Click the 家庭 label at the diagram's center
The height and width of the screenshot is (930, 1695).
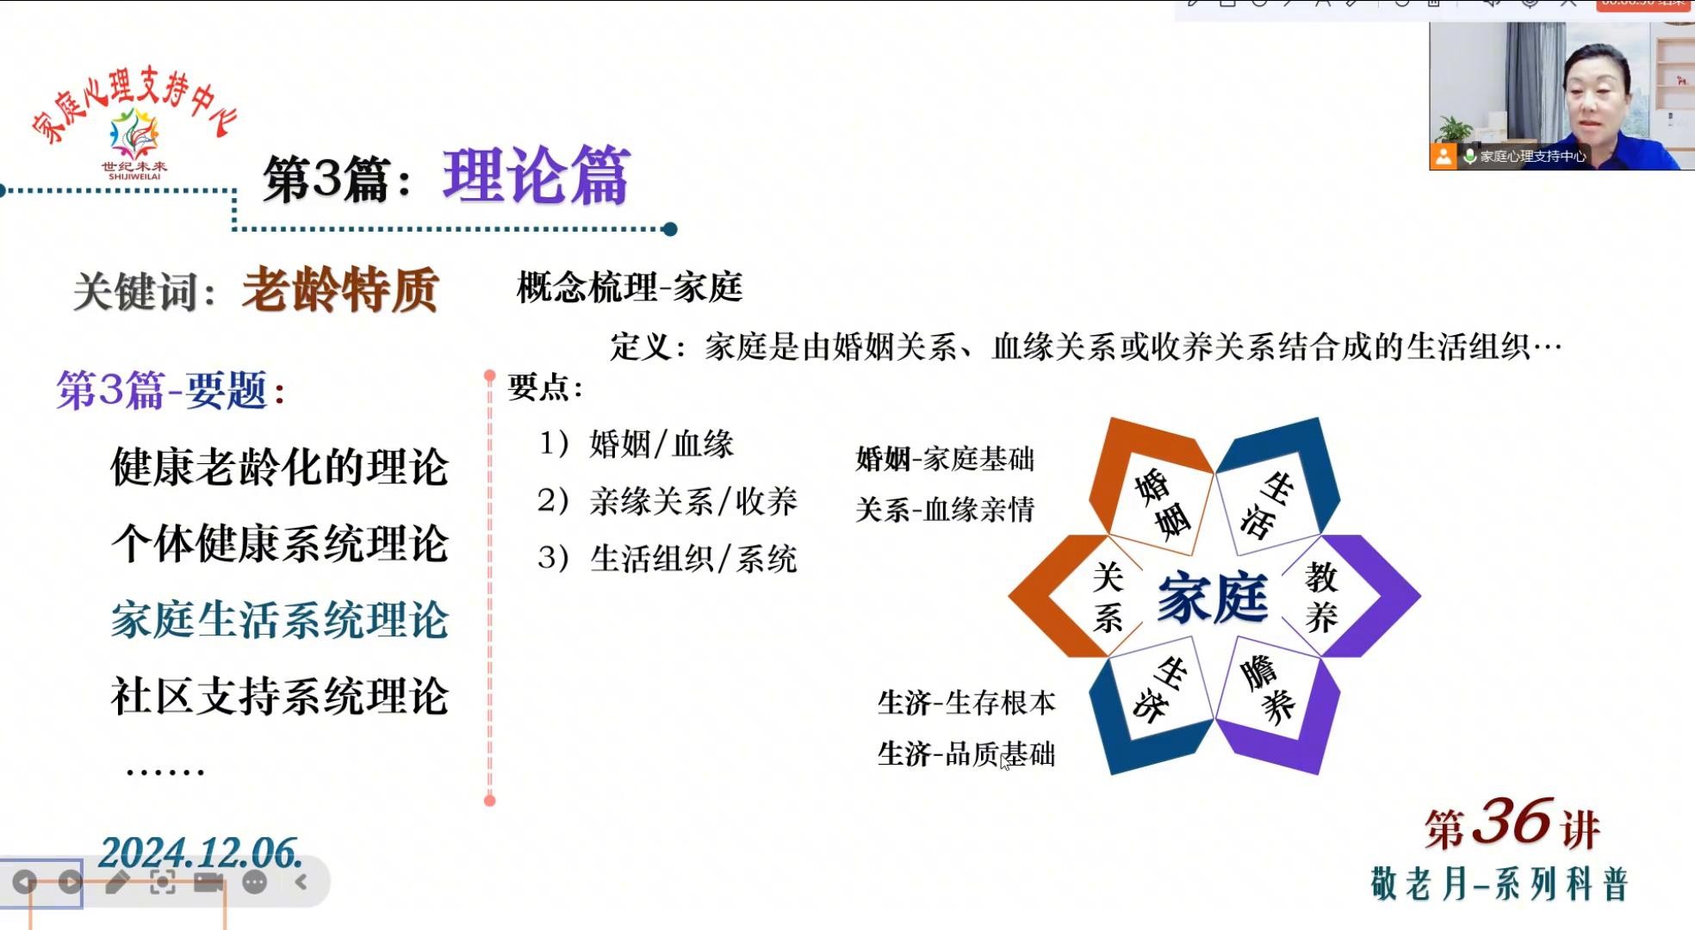pos(1213,596)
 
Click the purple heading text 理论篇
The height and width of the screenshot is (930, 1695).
pos(537,176)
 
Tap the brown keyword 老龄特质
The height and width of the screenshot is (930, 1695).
pos(341,289)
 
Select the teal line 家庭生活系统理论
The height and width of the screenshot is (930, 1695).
pos(280,620)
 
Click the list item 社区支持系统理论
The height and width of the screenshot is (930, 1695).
pos(280,696)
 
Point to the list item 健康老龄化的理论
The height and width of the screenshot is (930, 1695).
pos(280,468)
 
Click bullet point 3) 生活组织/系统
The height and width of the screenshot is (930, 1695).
pos(667,559)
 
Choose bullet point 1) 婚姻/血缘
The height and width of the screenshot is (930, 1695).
pos(636,444)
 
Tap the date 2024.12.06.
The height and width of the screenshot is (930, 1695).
pos(201,853)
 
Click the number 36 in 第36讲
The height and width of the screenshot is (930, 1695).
pos(1512,821)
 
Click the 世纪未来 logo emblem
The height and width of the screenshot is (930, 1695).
pos(134,133)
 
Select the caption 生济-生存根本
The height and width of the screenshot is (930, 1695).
pos(966,703)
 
